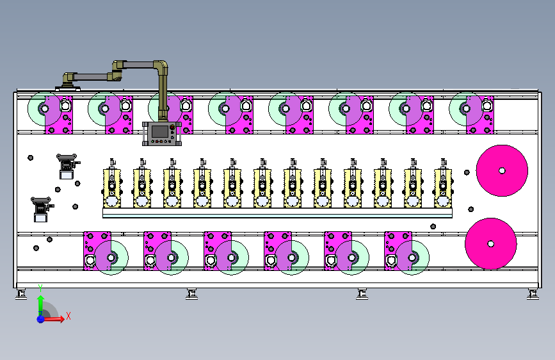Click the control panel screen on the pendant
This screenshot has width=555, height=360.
(159, 131)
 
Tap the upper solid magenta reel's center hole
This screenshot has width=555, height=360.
(502, 171)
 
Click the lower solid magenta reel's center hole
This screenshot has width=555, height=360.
(490, 244)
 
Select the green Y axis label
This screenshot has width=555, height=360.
(40, 288)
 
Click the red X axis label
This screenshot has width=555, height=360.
(68, 316)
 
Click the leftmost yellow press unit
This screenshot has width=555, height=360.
(112, 183)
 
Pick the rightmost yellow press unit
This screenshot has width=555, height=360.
(443, 183)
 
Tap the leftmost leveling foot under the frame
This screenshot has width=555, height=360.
(21, 295)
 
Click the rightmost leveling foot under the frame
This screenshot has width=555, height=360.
(533, 295)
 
